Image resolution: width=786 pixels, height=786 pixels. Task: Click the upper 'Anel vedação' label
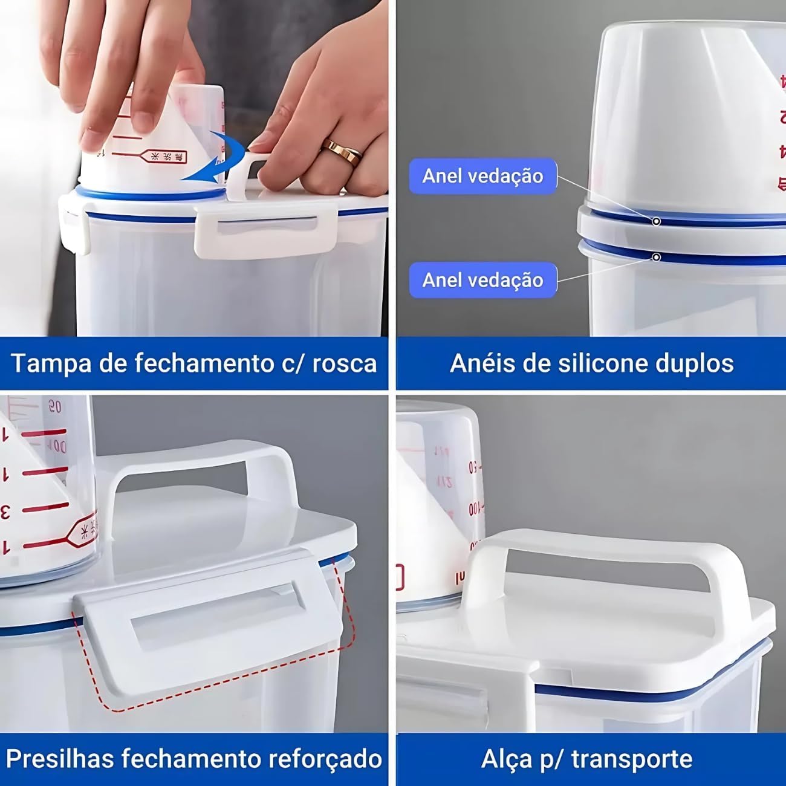coord(482,176)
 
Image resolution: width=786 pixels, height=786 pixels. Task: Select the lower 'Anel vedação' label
coord(482,280)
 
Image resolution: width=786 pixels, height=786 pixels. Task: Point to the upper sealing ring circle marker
coord(656,221)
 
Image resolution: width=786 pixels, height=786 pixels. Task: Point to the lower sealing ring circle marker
coord(656,258)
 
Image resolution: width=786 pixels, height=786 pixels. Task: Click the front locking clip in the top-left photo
coord(266,233)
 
